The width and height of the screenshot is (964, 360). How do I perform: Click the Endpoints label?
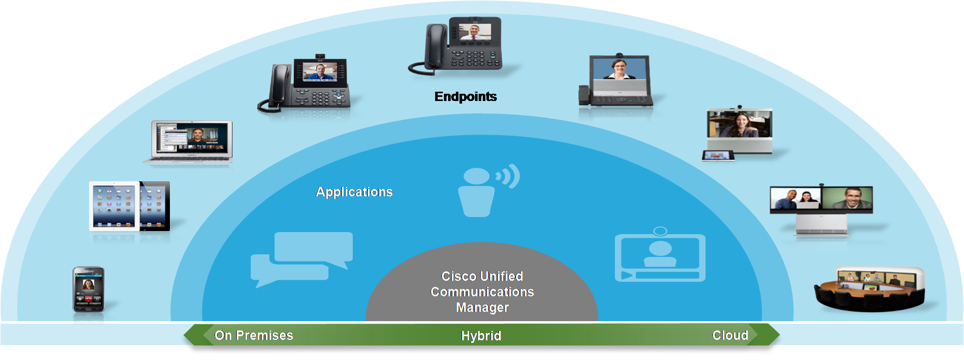[465, 97]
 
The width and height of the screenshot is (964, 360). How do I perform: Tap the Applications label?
[354, 192]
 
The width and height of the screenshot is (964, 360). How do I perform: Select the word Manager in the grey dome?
[482, 308]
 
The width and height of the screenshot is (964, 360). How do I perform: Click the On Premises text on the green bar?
[254, 336]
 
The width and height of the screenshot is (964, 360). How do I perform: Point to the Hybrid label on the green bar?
[481, 336]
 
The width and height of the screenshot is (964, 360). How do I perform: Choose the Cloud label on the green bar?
[730, 336]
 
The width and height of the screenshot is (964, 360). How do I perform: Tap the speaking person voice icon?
[487, 190]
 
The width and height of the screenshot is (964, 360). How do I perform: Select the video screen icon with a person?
[660, 256]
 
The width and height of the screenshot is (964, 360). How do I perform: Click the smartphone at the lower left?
[89, 290]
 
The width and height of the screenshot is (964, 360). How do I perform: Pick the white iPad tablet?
[114, 206]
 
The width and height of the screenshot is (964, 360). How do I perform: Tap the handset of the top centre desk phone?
[435, 46]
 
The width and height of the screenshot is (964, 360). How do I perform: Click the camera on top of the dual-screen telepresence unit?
[821, 184]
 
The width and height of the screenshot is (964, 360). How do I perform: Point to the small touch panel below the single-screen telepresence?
[718, 155]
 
